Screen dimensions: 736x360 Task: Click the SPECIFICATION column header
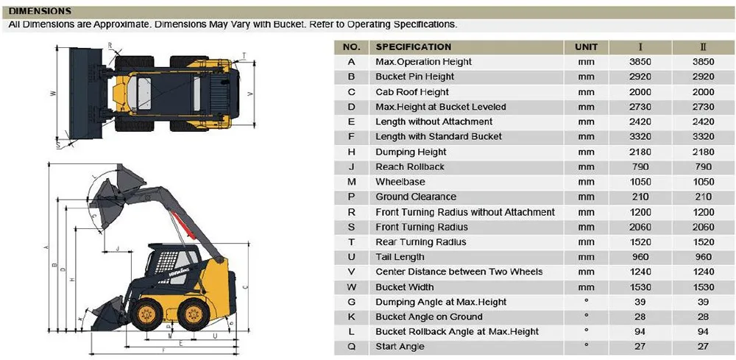[414, 46]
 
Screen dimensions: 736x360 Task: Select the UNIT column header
[586, 46]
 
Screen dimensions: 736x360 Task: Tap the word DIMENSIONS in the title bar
[40, 12]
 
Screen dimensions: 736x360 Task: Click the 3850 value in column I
[642, 62]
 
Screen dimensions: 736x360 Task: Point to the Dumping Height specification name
[411, 152]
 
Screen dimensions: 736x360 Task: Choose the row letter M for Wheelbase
[352, 182]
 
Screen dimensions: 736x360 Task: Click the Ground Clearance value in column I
[642, 197]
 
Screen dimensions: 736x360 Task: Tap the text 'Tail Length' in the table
[400, 257]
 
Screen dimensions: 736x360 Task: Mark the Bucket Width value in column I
[642, 287]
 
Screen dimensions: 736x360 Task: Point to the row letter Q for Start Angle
[352, 347]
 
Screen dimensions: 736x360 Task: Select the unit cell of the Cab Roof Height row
[586, 92]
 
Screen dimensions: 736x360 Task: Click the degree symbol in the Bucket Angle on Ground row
[586, 316]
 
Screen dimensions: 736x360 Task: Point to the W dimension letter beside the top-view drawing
[54, 93]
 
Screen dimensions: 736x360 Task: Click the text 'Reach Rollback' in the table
[410, 167]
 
